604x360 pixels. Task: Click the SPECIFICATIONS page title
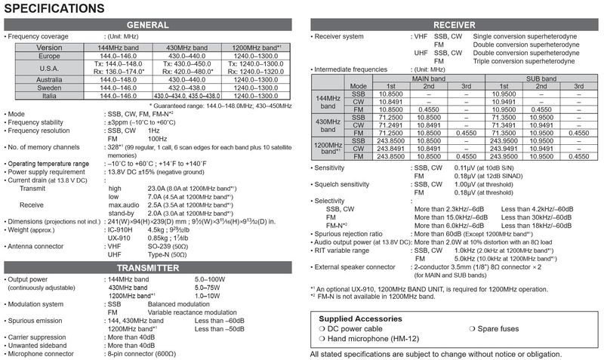(x=54, y=9)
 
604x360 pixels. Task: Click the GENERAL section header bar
(x=149, y=25)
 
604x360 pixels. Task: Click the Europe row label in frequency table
(x=49, y=57)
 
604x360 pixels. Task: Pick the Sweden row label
(x=49, y=88)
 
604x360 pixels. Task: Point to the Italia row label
(x=49, y=96)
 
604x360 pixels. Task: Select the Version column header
(x=49, y=47)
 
